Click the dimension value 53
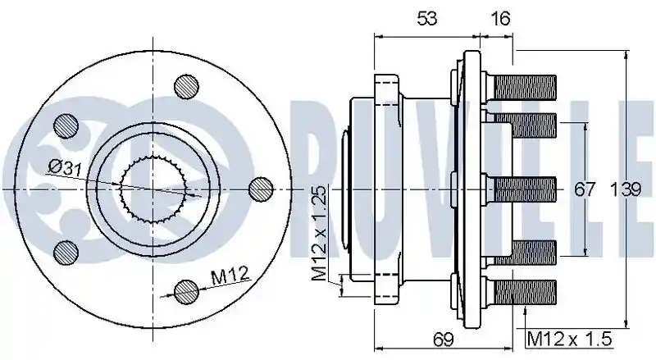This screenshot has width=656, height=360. pos(427,18)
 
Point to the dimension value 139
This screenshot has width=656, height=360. pos(626,189)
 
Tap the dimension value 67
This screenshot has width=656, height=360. pos(584,189)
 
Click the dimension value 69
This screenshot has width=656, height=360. pos(444,339)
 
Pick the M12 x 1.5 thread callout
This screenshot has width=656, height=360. pos(570,338)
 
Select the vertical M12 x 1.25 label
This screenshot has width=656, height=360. pos(319,233)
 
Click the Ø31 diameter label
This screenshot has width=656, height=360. pos(65,167)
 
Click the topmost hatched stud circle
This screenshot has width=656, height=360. pos(186,87)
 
